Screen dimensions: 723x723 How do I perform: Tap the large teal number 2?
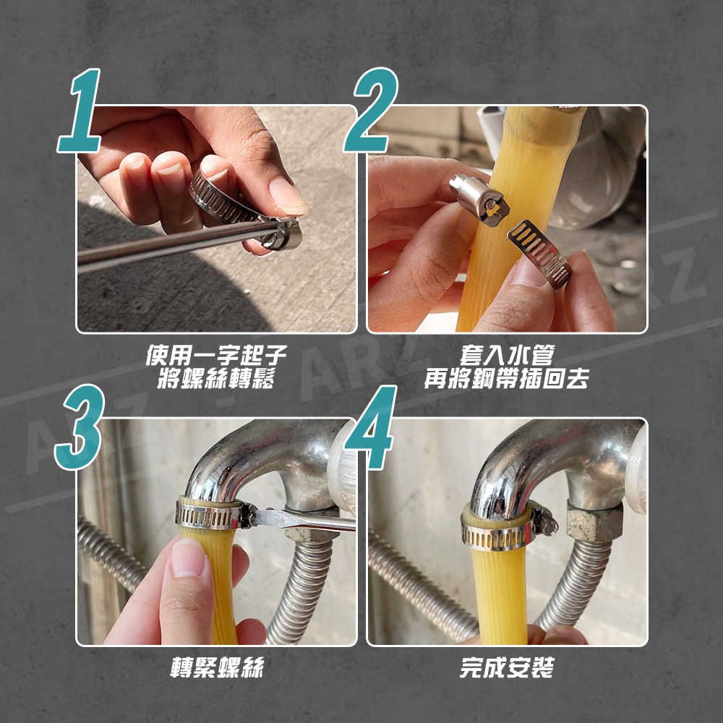tap(372, 110)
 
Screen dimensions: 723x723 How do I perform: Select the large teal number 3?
tap(80, 427)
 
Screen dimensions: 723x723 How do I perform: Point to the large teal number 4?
tap(372, 427)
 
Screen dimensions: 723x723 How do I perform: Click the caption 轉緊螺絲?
tap(217, 667)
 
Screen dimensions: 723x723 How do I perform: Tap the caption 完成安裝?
tap(507, 667)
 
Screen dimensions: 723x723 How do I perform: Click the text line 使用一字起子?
tap(216, 355)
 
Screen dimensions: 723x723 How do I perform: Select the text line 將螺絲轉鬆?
tap(216, 379)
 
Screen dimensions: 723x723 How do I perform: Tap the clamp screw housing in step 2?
tap(479, 197)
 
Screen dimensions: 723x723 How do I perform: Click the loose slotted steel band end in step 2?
tap(539, 254)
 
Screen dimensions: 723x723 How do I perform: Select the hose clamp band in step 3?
tap(208, 516)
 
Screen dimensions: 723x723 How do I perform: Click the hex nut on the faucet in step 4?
tap(595, 521)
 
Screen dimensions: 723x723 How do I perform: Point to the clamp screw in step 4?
tap(544, 520)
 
